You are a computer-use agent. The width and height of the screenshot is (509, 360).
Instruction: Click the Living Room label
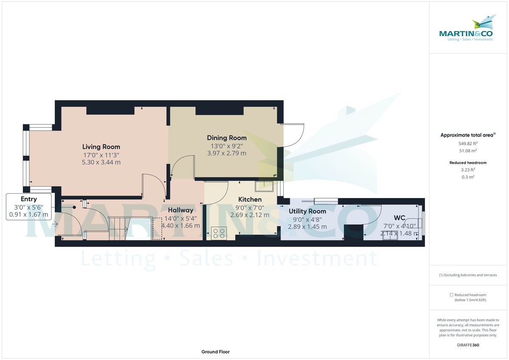pyautogui.click(x=101, y=147)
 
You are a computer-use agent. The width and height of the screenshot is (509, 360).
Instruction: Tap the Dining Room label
pyautogui.click(x=227, y=138)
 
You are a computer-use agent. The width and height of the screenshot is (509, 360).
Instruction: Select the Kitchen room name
pyautogui.click(x=250, y=199)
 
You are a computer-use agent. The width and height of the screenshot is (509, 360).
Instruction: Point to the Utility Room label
pyautogui.click(x=307, y=211)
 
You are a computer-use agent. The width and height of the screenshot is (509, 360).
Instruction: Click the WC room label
pyautogui.click(x=400, y=218)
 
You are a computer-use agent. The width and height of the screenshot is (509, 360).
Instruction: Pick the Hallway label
pyautogui.click(x=180, y=210)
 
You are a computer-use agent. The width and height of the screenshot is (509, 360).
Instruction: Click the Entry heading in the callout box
pyautogui.click(x=29, y=199)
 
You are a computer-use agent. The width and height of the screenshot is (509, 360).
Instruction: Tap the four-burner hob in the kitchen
pyautogui.click(x=219, y=232)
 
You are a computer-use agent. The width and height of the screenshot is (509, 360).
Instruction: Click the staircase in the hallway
pyautogui.click(x=118, y=229)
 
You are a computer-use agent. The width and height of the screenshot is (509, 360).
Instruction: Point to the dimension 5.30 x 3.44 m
pyautogui.click(x=101, y=162)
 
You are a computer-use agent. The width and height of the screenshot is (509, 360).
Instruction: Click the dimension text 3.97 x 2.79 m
pyautogui.click(x=227, y=153)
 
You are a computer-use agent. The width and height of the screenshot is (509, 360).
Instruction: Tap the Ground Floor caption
pyautogui.click(x=216, y=352)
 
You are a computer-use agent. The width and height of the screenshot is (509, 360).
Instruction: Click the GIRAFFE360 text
pyautogui.click(x=468, y=345)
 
